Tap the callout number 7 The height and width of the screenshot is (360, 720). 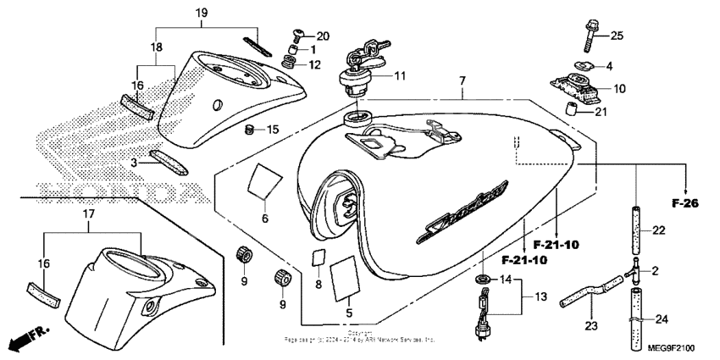tap(462, 80)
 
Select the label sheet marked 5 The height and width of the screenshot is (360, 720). tap(344, 279)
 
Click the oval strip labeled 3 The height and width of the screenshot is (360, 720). tap(165, 161)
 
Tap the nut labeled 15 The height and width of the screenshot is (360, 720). tap(250, 130)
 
